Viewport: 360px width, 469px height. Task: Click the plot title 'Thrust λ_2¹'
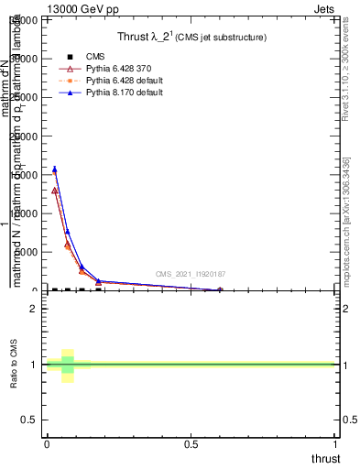click(x=149, y=38)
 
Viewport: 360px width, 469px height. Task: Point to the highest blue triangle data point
click(x=55, y=169)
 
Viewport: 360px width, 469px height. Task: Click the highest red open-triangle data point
click(x=55, y=191)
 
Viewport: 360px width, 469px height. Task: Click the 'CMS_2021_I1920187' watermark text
click(x=191, y=274)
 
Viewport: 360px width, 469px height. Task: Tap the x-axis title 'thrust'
click(x=324, y=458)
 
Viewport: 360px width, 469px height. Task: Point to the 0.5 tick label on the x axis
click(x=191, y=444)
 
